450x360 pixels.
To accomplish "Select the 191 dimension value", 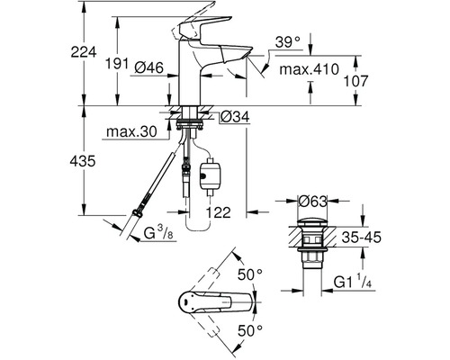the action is pos(116,64).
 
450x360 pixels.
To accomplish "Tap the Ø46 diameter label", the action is pos(148,67).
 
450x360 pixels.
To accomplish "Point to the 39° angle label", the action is pos(288,42).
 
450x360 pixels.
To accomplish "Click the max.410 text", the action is pos(309,69).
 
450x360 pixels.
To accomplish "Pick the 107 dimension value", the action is pos(355,81).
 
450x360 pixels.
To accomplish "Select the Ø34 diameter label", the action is pos(235,117).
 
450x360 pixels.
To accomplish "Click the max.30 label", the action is pos(131,131).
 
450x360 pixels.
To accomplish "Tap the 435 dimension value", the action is pos(83,161).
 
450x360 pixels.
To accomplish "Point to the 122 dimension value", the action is pos(218,212).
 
